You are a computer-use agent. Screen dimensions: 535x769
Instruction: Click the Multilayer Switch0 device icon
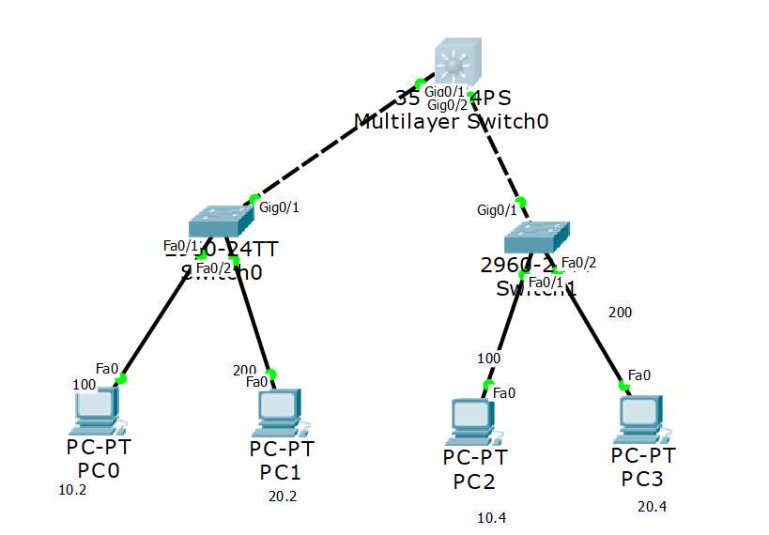457,63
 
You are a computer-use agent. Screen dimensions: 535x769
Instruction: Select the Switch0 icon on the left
221,222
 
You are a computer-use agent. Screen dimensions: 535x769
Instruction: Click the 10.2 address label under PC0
72,490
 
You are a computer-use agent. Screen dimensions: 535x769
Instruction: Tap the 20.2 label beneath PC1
282,497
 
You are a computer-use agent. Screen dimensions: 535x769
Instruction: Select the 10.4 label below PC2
490,517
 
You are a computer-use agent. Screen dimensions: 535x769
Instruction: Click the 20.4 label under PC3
653,507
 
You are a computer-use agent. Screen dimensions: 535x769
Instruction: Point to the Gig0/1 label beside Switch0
279,207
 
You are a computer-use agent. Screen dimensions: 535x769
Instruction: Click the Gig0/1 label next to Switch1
496,210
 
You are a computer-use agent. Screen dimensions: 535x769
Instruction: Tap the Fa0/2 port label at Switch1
578,262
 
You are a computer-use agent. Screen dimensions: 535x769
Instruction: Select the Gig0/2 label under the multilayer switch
447,105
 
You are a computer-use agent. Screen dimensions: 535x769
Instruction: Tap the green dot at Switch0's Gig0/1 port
253,199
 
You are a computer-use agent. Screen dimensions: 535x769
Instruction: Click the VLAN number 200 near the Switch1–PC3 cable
620,312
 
